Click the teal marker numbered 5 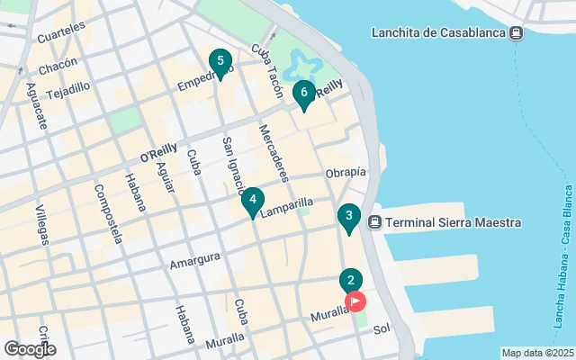click(217, 63)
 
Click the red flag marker click(355, 301)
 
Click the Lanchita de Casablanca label click(437, 33)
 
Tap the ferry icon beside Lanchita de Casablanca click(516, 33)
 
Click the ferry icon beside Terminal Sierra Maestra click(375, 222)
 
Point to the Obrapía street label click(346, 172)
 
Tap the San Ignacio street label click(232, 166)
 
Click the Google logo click(30, 348)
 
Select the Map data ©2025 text click(536, 353)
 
